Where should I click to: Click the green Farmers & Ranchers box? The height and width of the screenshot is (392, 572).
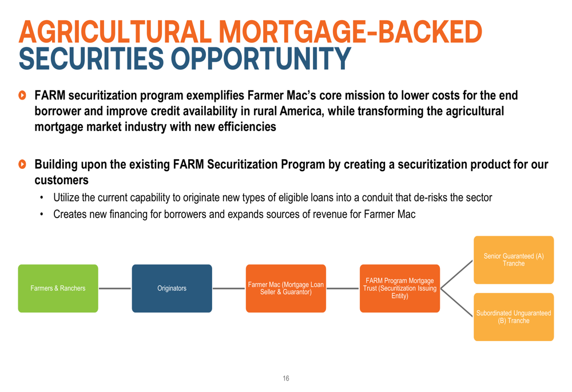[58, 288]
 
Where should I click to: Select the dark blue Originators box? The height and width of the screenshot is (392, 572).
[172, 288]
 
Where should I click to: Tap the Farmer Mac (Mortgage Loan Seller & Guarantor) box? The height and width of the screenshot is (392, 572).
[286, 288]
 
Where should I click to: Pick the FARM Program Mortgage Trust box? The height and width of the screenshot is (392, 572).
[400, 288]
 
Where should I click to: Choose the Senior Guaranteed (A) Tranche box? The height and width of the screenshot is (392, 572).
[514, 260]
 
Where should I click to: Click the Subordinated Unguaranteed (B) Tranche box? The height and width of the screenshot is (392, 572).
[514, 317]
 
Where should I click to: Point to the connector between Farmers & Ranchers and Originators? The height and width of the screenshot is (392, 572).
[115, 288]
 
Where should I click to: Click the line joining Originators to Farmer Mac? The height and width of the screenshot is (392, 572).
[229, 288]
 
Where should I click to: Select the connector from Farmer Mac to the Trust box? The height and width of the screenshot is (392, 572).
[343, 288]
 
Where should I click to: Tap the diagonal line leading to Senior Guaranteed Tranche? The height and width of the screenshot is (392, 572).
[456, 274]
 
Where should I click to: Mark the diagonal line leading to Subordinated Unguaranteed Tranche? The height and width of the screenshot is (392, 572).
[456, 303]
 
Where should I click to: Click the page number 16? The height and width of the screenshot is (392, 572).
[286, 378]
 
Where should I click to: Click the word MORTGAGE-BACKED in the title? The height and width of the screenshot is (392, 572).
[350, 31]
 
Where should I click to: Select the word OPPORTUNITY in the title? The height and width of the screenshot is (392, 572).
[261, 58]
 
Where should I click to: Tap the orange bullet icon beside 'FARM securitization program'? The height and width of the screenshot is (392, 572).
[22, 95]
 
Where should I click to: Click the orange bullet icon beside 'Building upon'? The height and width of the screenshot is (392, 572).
[22, 164]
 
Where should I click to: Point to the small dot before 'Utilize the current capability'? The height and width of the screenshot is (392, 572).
[42, 198]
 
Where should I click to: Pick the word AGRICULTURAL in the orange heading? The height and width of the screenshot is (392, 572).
[116, 31]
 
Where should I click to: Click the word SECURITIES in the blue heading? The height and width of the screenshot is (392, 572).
[92, 58]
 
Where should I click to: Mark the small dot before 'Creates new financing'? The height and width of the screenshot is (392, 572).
[42, 215]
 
